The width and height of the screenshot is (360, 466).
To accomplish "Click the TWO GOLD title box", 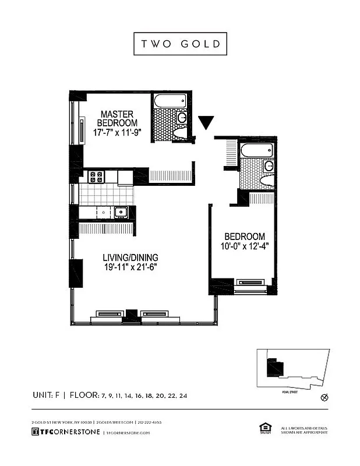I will tap(179, 44).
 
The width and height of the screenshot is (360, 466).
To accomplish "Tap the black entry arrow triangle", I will tap(206, 122).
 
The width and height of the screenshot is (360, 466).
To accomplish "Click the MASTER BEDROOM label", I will tap(117, 118).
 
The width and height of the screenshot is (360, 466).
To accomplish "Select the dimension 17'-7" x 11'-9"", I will tap(117, 132).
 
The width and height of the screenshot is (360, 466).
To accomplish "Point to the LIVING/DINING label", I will tap(130, 257).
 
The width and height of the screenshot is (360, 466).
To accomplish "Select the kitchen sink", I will tap(121, 212).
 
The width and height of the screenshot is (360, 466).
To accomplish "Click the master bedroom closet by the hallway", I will tap(171, 175).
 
